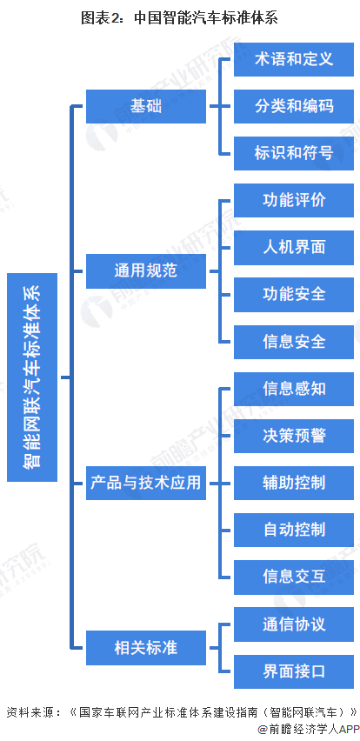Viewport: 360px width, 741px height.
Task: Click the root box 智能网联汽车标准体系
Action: point(32,377)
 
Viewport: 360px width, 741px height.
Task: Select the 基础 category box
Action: point(146,106)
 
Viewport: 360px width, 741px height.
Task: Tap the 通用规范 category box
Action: point(146,271)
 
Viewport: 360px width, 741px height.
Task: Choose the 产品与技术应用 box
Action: point(146,483)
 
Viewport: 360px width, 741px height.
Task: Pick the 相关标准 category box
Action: point(146,648)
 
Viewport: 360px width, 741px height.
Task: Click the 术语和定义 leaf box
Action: point(294,59)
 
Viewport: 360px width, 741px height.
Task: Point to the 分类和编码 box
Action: point(294,106)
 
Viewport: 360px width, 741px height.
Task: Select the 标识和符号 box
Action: point(294,153)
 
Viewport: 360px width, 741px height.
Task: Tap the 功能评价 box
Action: point(294,200)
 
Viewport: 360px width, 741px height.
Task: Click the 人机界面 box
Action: point(294,248)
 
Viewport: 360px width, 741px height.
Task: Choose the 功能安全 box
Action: point(294,295)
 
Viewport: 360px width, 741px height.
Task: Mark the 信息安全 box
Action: point(294,342)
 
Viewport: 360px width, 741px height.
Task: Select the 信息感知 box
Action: point(294,389)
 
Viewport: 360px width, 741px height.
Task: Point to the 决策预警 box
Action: point(294,436)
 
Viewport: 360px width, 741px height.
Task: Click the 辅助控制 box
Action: point(294,483)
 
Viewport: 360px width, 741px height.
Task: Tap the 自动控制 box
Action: point(294,530)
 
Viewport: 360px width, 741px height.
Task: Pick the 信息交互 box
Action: point(294,577)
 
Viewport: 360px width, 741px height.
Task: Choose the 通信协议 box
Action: point(294,624)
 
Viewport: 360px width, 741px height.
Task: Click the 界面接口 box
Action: point(294,671)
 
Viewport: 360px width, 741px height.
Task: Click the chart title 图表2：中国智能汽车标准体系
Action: point(179,18)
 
